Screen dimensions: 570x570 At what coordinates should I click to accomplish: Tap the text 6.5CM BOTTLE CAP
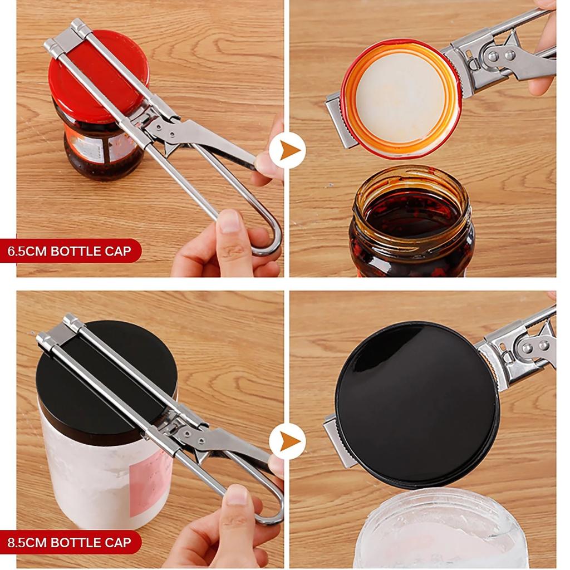click(70, 251)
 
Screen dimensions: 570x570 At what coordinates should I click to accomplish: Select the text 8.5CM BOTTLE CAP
click(70, 542)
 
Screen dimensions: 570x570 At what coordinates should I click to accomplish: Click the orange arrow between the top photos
click(288, 150)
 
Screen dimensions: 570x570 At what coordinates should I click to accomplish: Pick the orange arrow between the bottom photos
click(288, 441)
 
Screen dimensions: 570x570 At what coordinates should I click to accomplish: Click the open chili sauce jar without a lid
click(412, 223)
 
